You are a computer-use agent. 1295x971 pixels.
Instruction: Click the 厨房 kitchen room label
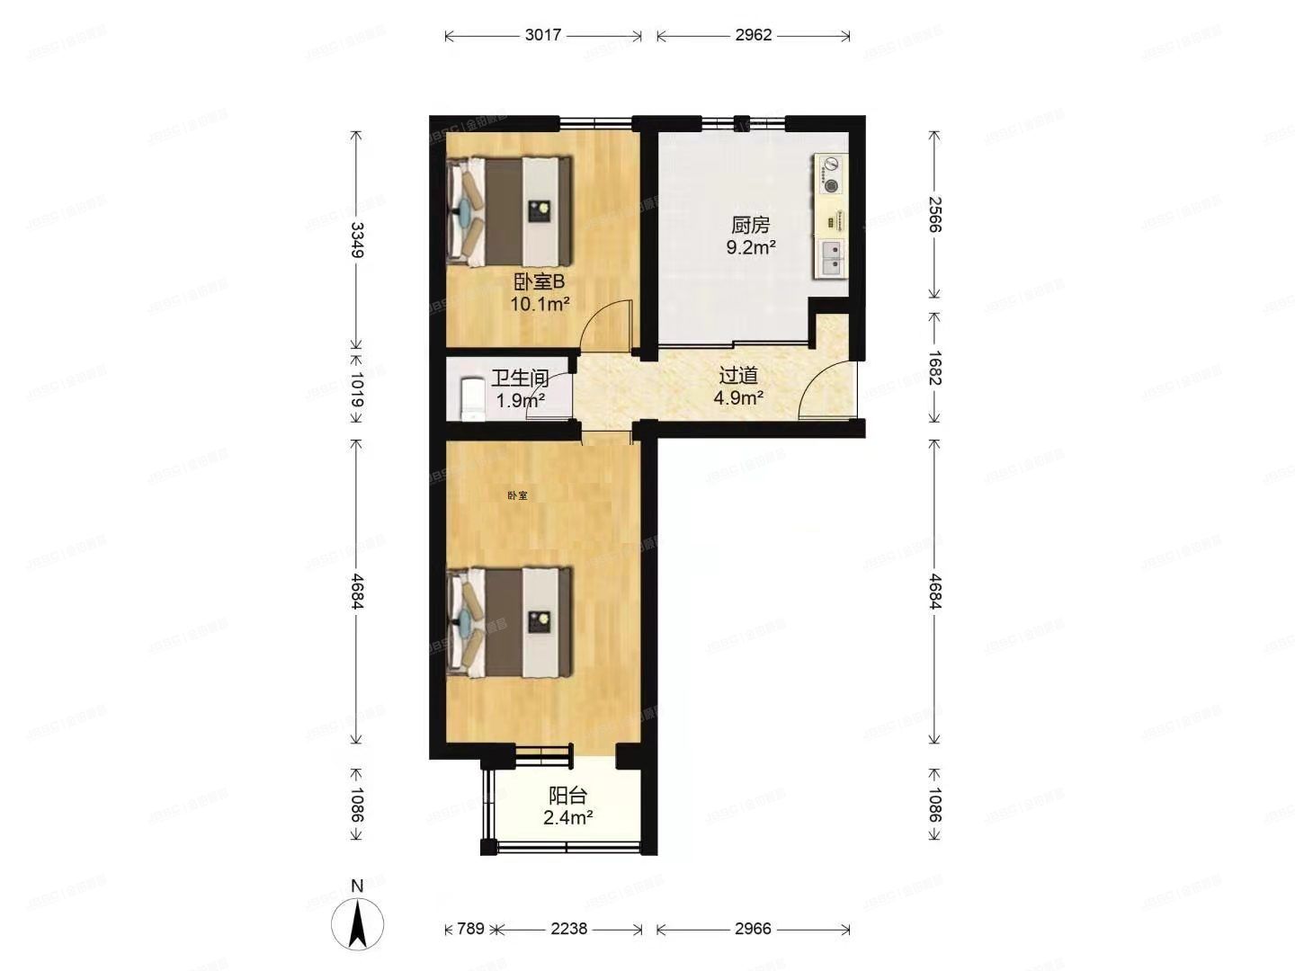click(750, 225)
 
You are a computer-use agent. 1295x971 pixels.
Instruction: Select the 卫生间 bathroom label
click(520, 379)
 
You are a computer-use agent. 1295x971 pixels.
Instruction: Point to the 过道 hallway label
click(738, 376)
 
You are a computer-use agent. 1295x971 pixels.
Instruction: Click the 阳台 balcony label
click(567, 796)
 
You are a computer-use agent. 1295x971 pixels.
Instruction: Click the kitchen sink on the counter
click(831, 258)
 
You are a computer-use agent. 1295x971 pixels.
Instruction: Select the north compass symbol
click(357, 921)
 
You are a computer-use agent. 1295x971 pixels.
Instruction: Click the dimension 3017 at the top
click(543, 35)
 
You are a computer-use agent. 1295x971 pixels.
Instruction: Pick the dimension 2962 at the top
click(753, 35)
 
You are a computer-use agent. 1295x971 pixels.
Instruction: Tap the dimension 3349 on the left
click(357, 240)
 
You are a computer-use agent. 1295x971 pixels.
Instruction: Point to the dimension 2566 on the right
click(934, 215)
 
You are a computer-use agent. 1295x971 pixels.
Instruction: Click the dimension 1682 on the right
click(934, 369)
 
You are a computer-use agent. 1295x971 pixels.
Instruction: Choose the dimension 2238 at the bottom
click(568, 929)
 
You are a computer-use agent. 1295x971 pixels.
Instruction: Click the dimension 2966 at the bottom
click(753, 929)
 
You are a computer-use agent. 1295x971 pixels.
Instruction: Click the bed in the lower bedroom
click(510, 621)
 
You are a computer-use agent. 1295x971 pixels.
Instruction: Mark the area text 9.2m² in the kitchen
click(751, 247)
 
